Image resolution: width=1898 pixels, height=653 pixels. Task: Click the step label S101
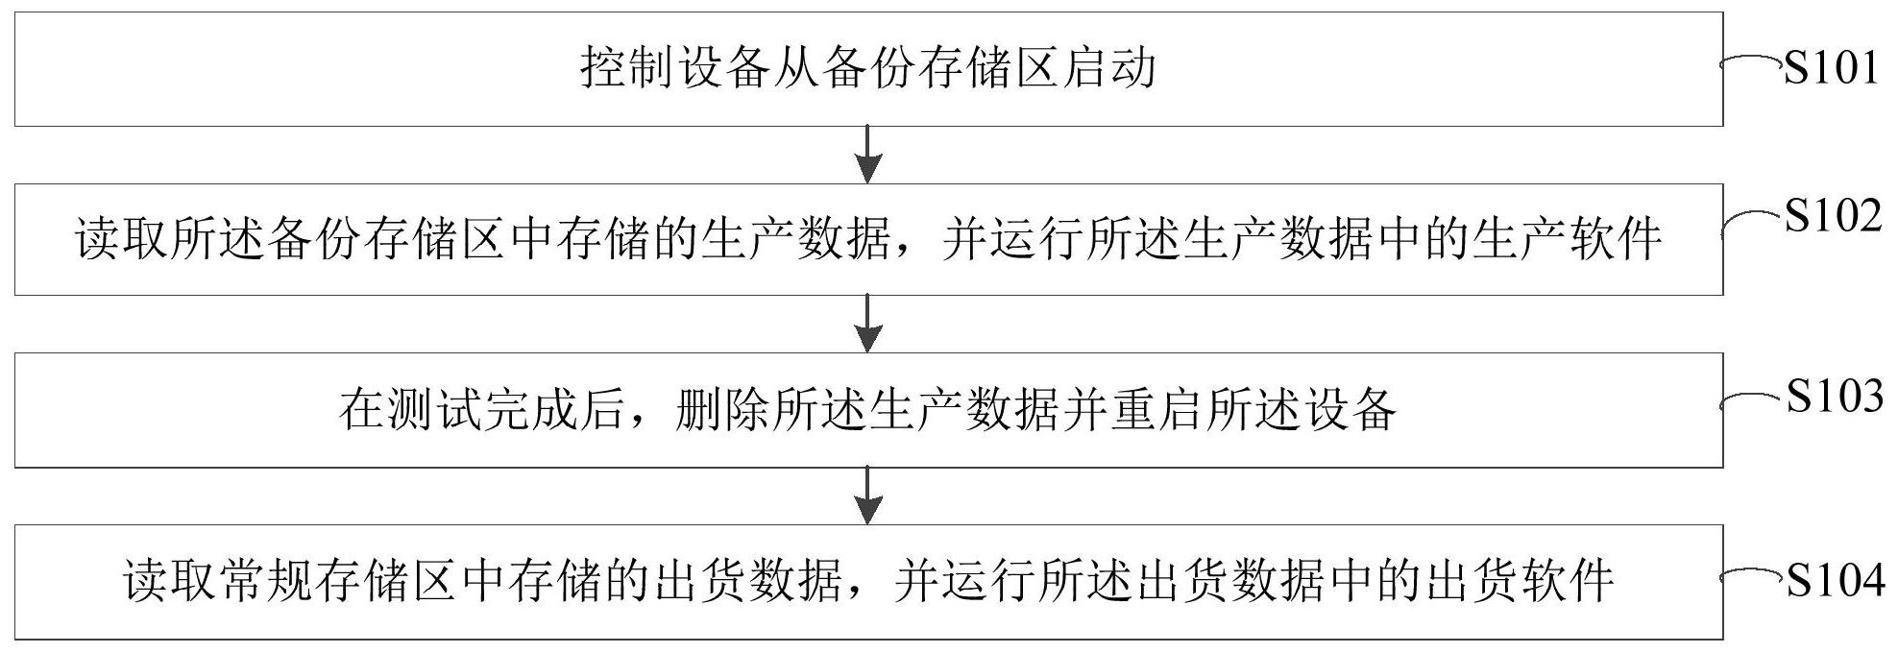[x=1831, y=68]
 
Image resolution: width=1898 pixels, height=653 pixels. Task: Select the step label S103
[x=1834, y=396]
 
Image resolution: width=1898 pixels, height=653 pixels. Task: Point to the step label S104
[x=1834, y=580]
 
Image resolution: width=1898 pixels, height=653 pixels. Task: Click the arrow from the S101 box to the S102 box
[x=868, y=154]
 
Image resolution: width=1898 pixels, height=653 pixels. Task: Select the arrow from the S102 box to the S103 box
[x=868, y=323]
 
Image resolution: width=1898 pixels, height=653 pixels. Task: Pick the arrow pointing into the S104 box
[x=868, y=496]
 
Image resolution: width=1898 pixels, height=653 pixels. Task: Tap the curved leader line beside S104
[x=1750, y=576]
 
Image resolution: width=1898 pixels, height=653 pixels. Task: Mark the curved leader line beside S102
[x=1750, y=219]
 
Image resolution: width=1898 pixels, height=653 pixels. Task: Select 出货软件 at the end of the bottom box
[x=1518, y=582]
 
